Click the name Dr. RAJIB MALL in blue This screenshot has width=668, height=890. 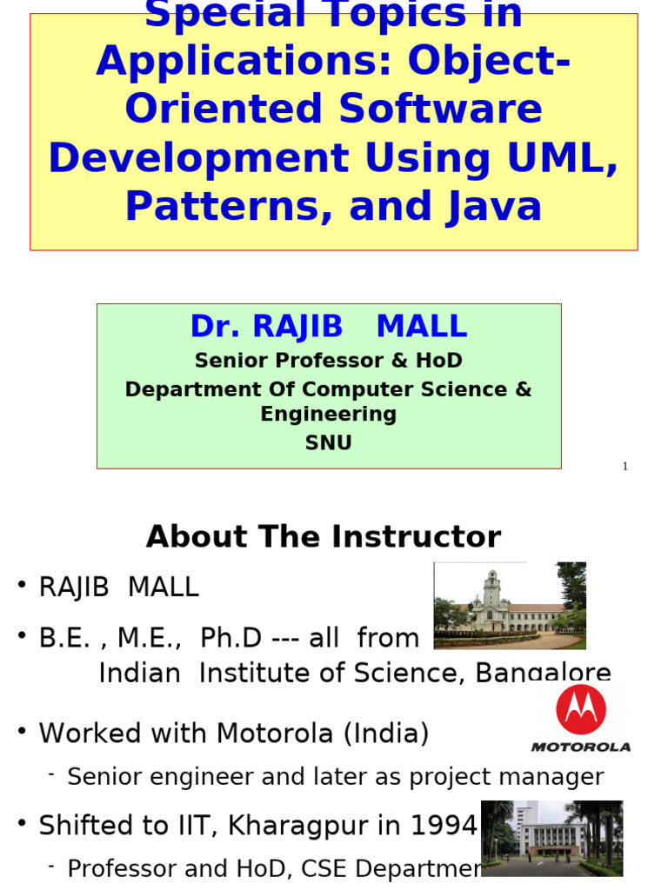(328, 327)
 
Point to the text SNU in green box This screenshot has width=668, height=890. (328, 443)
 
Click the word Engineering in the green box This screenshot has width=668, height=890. (328, 415)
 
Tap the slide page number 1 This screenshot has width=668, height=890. (625, 467)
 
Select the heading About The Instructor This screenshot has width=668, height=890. (324, 537)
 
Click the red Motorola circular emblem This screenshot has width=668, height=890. (581, 709)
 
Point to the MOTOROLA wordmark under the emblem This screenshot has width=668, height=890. (581, 747)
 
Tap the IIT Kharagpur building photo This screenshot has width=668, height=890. (551, 838)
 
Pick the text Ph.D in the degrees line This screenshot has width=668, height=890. (230, 638)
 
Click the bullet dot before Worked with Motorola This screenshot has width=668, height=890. (22, 731)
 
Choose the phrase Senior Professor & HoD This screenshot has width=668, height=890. (328, 361)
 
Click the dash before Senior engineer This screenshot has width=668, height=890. (51, 774)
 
